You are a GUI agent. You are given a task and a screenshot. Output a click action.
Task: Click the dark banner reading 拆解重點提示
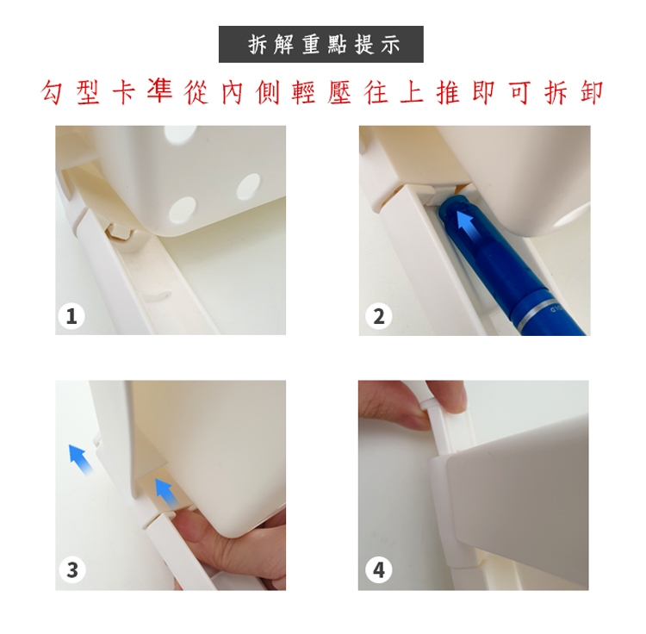(x=321, y=45)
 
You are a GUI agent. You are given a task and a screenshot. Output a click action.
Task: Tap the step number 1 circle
(x=71, y=316)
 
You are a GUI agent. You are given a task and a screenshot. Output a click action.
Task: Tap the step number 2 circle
(x=379, y=316)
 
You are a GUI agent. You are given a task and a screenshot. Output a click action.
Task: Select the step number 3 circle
(x=72, y=570)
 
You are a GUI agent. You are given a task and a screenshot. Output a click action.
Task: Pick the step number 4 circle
(x=379, y=570)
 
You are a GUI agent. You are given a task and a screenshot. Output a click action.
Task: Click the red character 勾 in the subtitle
(x=53, y=92)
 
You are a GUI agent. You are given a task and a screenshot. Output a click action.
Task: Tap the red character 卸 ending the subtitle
(x=592, y=92)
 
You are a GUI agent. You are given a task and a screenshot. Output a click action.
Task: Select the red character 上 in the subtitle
(x=413, y=92)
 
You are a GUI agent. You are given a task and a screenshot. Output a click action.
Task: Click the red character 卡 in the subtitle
(x=125, y=92)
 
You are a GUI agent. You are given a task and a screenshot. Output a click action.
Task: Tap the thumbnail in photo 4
(x=457, y=395)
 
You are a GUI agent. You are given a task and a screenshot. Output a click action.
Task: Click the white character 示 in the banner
(x=389, y=45)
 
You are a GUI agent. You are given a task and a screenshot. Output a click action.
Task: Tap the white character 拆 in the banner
(x=258, y=45)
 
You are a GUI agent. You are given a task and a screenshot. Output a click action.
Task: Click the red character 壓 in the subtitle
(x=340, y=92)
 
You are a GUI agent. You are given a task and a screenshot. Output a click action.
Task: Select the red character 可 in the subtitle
(x=520, y=92)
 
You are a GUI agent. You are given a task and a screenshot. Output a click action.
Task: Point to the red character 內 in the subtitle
(x=233, y=92)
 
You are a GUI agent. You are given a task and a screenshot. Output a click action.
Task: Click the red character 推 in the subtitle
(x=448, y=92)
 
